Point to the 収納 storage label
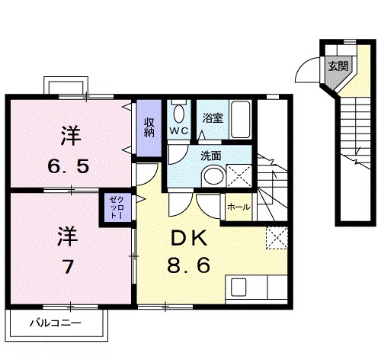pos(149,126)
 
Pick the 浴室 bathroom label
pos(212,119)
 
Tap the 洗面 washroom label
pos(211,156)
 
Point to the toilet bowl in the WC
pos(178,114)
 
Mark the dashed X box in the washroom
pos(240,176)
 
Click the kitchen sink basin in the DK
pos(239,289)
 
